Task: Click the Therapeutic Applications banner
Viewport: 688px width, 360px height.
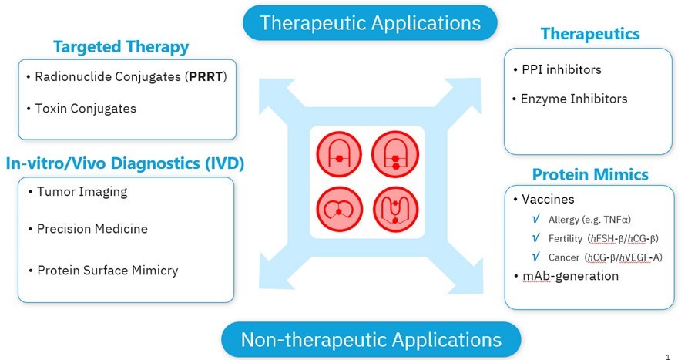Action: click(x=370, y=22)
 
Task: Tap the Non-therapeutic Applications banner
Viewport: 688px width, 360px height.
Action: click(x=371, y=339)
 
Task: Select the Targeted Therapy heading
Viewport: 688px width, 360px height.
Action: click(x=121, y=47)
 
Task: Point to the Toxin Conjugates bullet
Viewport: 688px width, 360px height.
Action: click(x=86, y=108)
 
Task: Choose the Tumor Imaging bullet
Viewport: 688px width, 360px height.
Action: click(x=82, y=191)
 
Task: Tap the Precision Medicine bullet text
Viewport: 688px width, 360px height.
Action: click(x=92, y=229)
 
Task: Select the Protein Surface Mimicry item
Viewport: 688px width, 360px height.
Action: click(x=107, y=270)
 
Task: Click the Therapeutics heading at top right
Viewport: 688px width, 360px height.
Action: click(x=590, y=34)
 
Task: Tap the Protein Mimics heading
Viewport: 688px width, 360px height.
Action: click(x=589, y=173)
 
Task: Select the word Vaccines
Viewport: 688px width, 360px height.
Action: click(x=548, y=199)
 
